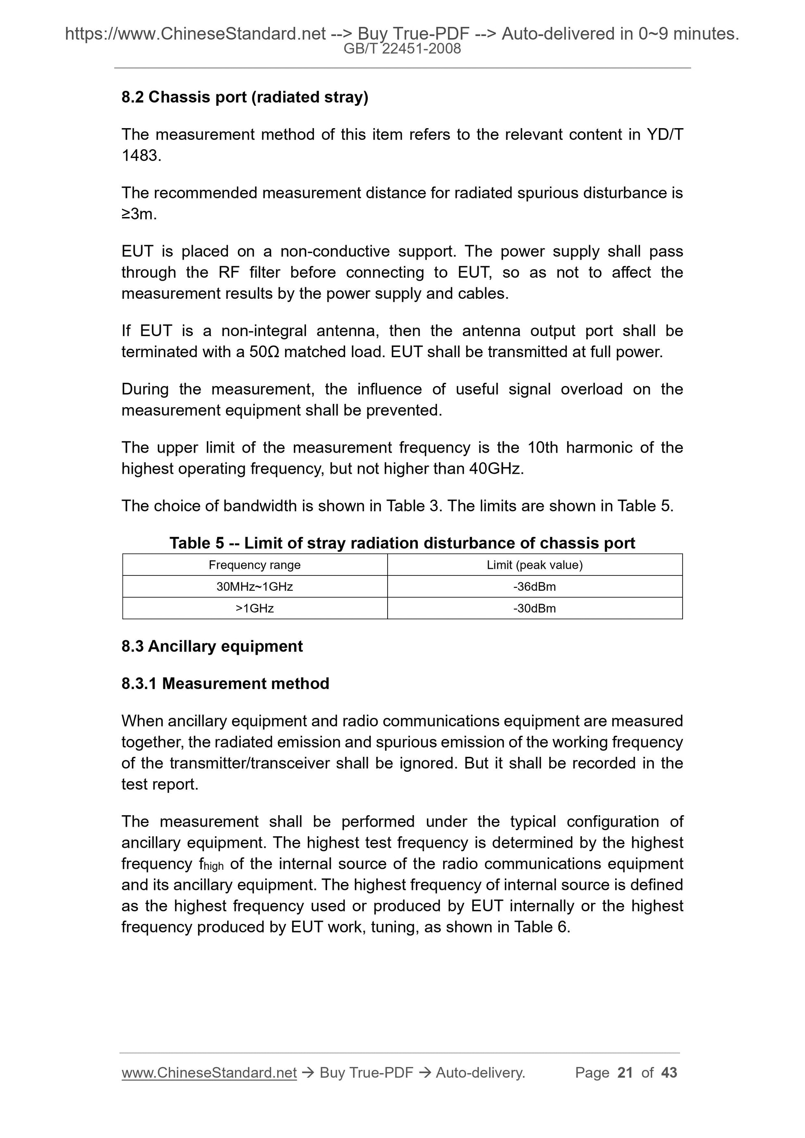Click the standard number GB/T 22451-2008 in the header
click(402, 49)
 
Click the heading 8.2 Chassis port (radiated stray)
click(244, 97)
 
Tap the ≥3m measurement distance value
click(139, 214)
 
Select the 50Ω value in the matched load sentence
click(264, 352)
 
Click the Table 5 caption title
click(402, 543)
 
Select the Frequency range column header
click(254, 565)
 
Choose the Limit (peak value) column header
click(535, 565)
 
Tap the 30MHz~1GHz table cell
click(254, 587)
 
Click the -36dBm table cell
click(535, 587)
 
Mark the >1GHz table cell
click(254, 608)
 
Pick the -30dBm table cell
click(535, 608)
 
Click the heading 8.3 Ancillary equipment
click(212, 647)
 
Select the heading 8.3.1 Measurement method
click(225, 683)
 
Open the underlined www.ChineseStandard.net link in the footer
click(209, 1073)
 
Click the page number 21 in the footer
click(625, 1073)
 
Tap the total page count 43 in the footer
click(669, 1073)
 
